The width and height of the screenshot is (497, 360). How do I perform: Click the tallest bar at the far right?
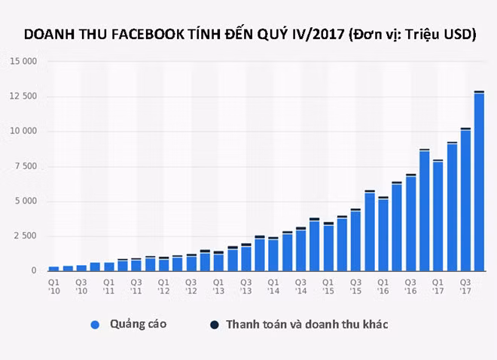[479, 181]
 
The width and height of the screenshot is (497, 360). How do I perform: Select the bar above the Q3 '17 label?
[465, 200]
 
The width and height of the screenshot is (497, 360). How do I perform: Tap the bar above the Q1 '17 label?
[438, 215]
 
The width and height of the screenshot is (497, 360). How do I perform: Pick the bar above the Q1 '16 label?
[383, 234]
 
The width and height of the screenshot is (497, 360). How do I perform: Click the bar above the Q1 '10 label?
[53, 268]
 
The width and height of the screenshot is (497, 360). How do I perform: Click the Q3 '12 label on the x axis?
[191, 286]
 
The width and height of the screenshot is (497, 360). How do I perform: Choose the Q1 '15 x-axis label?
[328, 286]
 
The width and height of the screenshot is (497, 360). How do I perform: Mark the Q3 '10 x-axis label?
[81, 286]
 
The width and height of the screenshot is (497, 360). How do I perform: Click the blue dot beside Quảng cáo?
[95, 325]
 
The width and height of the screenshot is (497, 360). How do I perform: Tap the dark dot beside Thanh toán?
[215, 325]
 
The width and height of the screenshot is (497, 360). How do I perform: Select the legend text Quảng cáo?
[139, 325]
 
